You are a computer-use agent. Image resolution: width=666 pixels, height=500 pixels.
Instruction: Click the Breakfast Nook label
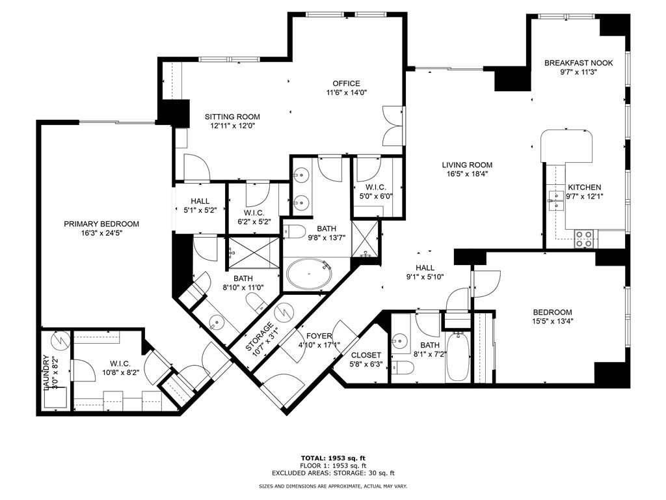tap(570, 63)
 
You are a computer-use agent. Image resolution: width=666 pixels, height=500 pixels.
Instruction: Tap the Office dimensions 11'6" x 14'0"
tap(346, 92)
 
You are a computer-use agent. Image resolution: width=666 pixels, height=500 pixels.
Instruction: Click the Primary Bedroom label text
tap(101, 224)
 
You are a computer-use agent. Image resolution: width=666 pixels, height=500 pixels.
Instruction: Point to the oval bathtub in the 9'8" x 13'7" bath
tap(309, 275)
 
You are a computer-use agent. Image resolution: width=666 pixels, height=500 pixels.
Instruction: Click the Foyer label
tap(311, 337)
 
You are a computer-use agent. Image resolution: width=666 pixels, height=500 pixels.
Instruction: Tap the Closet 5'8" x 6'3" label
tap(366, 355)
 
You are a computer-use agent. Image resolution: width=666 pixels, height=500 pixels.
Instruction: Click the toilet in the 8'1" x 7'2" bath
tap(403, 368)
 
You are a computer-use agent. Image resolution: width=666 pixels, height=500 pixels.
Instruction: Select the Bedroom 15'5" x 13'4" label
tap(552, 312)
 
